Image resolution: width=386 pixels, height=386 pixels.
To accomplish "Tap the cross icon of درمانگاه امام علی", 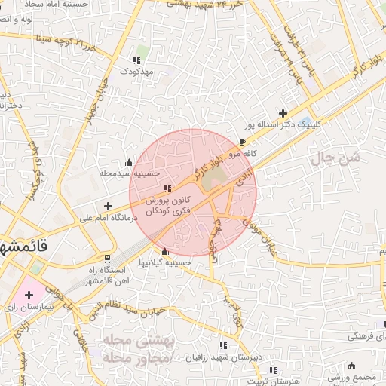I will point(109,205).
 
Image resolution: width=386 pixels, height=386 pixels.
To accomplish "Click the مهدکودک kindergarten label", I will point(136,71).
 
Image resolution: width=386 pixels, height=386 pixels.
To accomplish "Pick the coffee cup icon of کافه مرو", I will point(241,141).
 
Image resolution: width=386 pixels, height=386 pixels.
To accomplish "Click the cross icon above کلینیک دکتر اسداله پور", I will point(283,112).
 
